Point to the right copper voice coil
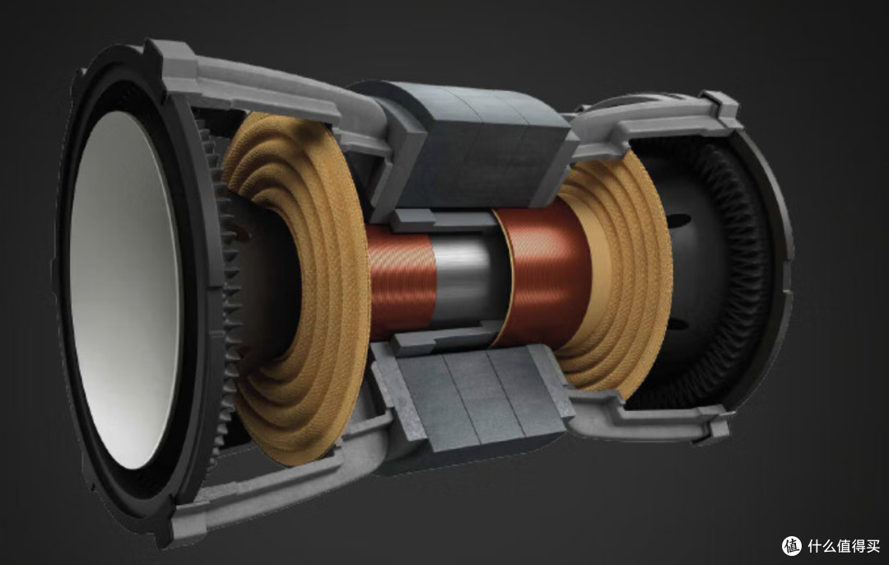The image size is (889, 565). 544,273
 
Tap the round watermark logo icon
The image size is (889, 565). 792,546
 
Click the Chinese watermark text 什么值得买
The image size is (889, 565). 844,546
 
